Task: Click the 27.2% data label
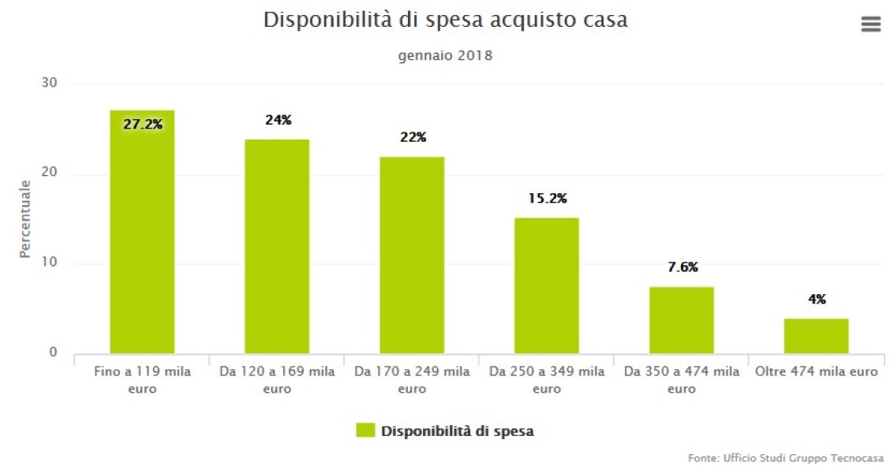pos(142,124)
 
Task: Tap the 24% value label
pos(278,120)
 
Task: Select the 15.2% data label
pos(547,198)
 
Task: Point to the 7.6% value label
pos(682,267)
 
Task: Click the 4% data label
pos(817,299)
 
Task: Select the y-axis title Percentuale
pos(25,218)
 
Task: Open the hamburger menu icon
pos(870,24)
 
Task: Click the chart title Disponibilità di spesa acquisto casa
pos(445,21)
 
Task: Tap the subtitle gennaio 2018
pos(445,56)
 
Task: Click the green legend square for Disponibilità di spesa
pos(365,431)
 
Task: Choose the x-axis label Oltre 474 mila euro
pos(816,371)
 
